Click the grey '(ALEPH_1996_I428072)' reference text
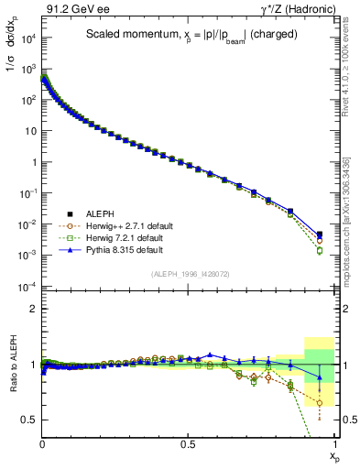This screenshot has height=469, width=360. pos(189,274)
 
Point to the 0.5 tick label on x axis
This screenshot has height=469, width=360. pos(189,443)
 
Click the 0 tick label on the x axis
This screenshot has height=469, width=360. pos(43,443)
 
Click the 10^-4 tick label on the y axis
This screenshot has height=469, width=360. pos(27,287)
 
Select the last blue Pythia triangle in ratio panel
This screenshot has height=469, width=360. pos(320,376)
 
